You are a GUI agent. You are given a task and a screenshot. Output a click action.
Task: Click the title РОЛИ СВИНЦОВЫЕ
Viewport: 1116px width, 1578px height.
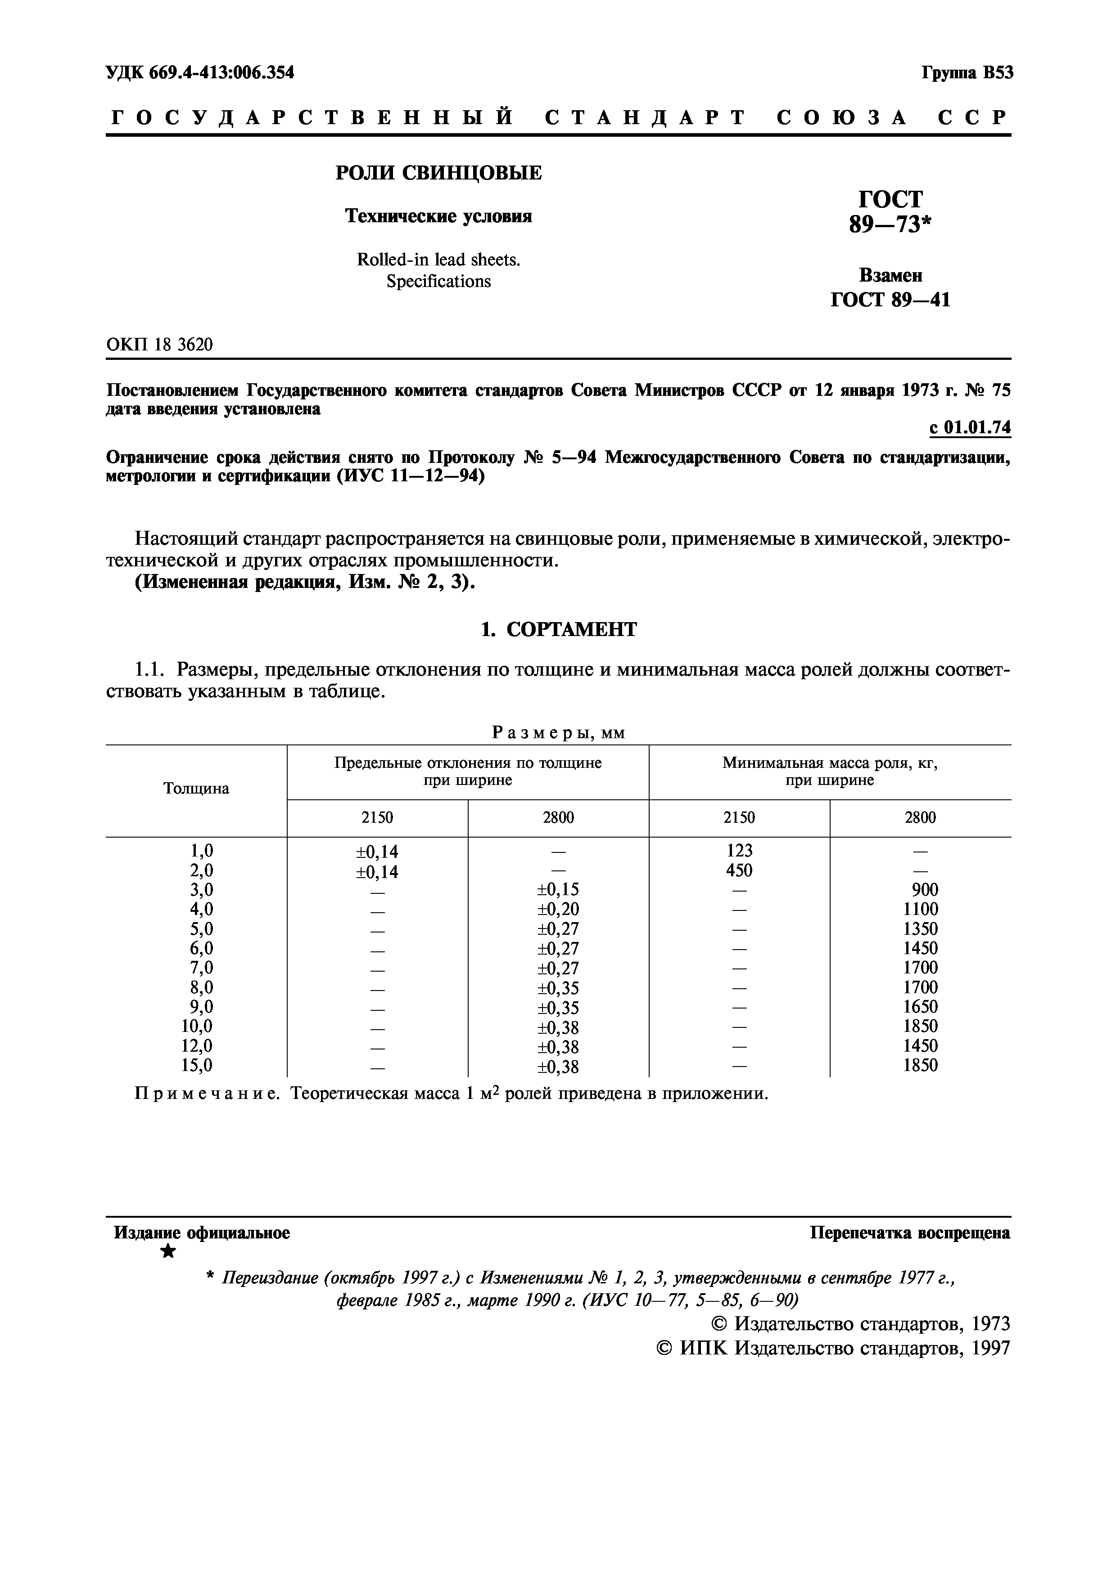438,173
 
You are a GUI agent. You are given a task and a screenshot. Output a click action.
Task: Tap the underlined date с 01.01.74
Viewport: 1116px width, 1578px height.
970,427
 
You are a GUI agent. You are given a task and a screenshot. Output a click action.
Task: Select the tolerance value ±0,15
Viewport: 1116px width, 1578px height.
558,890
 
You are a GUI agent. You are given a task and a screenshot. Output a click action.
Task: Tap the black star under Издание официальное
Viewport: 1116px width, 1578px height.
167,1251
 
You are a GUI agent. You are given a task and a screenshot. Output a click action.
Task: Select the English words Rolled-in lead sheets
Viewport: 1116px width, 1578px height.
438,260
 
